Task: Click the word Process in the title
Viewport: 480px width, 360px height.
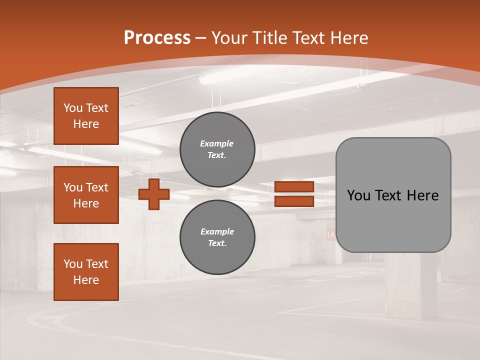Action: pyautogui.click(x=157, y=38)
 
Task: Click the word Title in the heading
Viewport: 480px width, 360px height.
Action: pyautogui.click(x=269, y=38)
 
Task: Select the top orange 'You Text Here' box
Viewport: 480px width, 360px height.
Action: pyautogui.click(x=86, y=116)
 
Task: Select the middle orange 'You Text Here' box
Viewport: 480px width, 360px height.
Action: pyautogui.click(x=86, y=195)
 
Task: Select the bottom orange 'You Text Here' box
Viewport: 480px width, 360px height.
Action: pyautogui.click(x=86, y=272)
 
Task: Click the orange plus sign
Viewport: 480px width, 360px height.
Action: pyautogui.click(x=154, y=194)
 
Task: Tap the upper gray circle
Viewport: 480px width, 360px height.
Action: pyautogui.click(x=217, y=149)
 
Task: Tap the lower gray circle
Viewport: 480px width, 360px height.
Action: pyautogui.click(x=217, y=237)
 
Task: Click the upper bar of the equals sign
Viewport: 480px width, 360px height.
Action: pyautogui.click(x=294, y=186)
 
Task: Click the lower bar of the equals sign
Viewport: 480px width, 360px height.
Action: pyautogui.click(x=294, y=201)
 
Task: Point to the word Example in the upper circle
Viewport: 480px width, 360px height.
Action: pyautogui.click(x=217, y=143)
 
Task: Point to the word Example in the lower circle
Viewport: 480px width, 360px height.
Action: pyautogui.click(x=217, y=231)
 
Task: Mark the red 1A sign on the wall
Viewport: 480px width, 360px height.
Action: pyautogui.click(x=330, y=234)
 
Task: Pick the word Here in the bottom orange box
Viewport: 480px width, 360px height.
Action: pyautogui.click(x=86, y=280)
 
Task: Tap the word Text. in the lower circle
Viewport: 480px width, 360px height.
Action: pyautogui.click(x=217, y=243)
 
